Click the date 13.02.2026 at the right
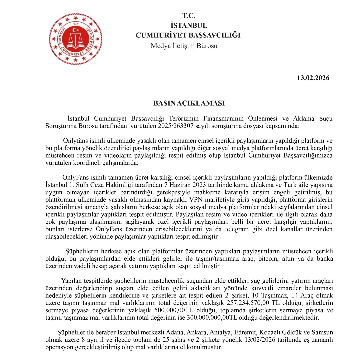tap(313, 78)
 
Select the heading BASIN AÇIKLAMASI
tap(189, 103)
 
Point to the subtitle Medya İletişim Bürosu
tap(184, 46)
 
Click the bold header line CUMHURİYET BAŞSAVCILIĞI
tap(188, 35)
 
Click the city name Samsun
tap(323, 333)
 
